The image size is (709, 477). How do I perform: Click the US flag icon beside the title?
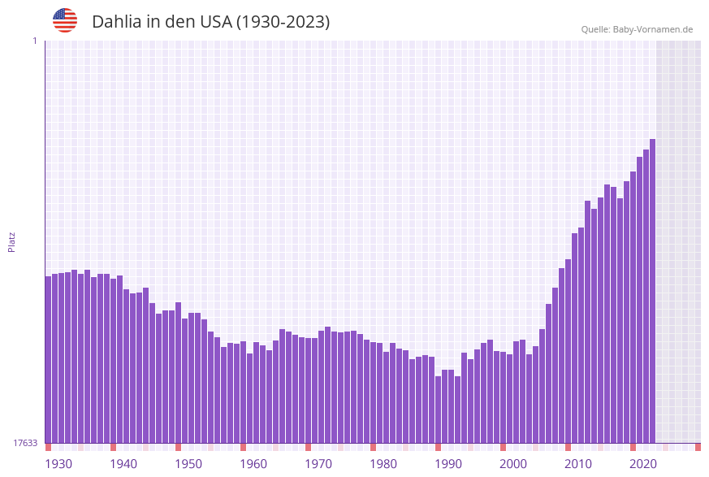pyautogui.click(x=65, y=20)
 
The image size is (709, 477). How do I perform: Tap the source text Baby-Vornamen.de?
pyautogui.click(x=653, y=29)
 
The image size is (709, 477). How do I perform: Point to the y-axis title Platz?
pyautogui.click(x=12, y=241)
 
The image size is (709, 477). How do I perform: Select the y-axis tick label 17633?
pyautogui.click(x=25, y=443)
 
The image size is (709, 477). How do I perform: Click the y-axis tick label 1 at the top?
pyautogui.click(x=34, y=41)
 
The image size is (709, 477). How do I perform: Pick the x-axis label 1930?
pyautogui.click(x=58, y=464)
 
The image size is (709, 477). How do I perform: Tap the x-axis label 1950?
pyautogui.click(x=188, y=464)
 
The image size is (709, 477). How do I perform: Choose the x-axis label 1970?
pyautogui.click(x=318, y=464)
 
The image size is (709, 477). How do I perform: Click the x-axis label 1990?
pyautogui.click(x=448, y=464)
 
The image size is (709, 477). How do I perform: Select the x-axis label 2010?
pyautogui.click(x=578, y=464)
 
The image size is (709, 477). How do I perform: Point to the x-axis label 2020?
pyautogui.click(x=643, y=464)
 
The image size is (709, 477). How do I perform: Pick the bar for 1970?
pyautogui.click(x=308, y=390)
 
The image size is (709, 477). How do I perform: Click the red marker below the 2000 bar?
pyautogui.click(x=503, y=447)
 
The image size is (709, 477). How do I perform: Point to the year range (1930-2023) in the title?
pyautogui.click(x=283, y=22)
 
